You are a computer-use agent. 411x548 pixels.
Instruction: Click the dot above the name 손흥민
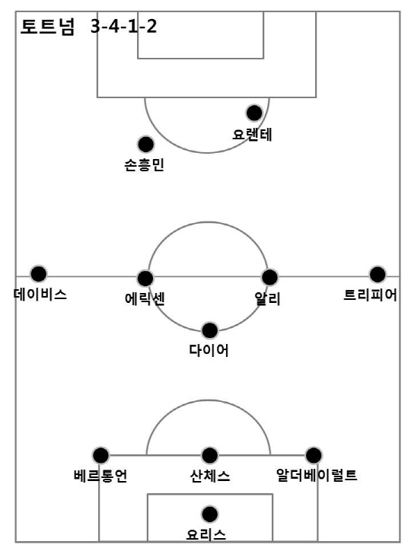145,145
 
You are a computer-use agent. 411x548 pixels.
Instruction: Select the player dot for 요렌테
254,113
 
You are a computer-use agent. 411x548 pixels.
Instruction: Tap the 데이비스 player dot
39,274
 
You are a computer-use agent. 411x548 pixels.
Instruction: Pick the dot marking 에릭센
145,279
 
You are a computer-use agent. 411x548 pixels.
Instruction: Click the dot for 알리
269,277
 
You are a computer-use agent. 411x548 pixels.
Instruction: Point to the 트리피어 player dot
378,274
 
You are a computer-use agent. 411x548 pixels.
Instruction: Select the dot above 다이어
210,330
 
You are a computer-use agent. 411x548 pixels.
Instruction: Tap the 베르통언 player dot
100,455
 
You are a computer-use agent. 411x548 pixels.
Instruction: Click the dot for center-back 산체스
210,455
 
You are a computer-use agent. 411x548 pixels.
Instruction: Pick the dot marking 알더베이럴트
314,455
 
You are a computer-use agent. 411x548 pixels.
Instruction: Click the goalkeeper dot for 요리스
210,514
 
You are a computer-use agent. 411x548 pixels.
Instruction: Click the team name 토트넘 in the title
47,27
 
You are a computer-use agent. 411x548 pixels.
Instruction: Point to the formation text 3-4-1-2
124,26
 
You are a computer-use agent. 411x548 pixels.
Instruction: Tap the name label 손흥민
145,165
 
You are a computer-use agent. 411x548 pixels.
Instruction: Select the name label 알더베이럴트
317,475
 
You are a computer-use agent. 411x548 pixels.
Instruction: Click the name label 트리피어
370,295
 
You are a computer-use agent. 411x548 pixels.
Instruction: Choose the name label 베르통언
100,476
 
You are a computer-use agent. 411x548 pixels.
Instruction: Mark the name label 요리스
206,534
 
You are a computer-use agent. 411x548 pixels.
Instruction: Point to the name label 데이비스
40,295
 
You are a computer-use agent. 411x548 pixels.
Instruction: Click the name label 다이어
209,350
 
